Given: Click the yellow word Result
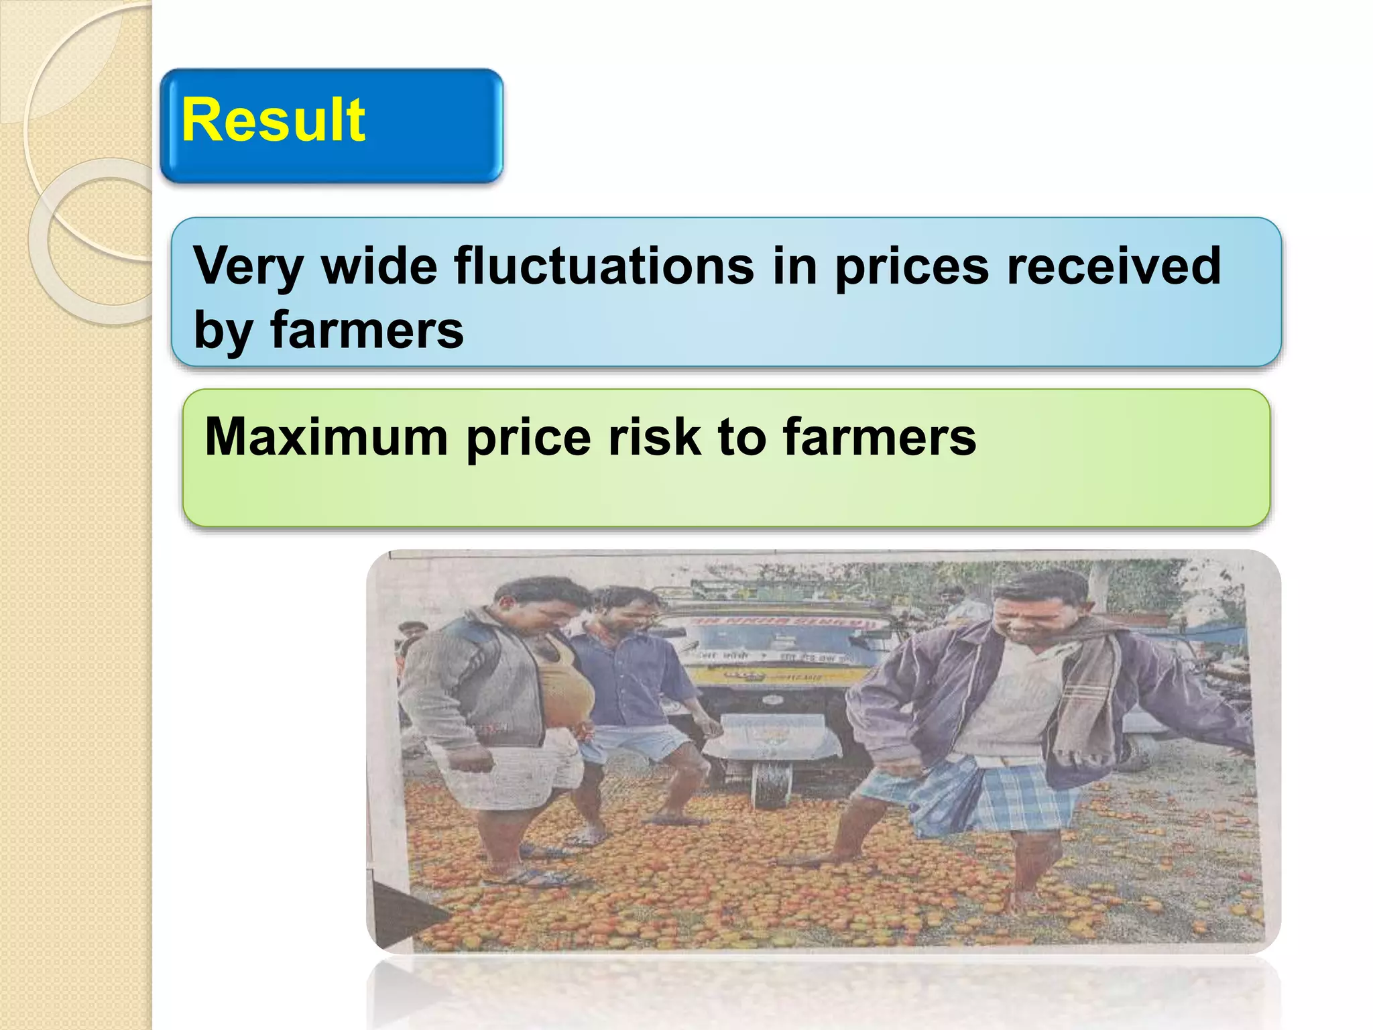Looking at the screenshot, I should click(x=273, y=121).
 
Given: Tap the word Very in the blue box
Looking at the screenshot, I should click(x=248, y=267).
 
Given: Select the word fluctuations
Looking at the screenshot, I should click(x=603, y=266).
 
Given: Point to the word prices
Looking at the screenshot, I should click(x=912, y=267).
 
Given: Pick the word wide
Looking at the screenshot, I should click(x=379, y=266).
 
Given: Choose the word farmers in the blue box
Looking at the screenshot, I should click(x=367, y=330).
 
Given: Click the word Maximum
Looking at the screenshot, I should click(x=326, y=437).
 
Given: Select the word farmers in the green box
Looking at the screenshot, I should click(x=880, y=437).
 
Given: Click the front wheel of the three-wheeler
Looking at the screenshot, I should click(x=771, y=785).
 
